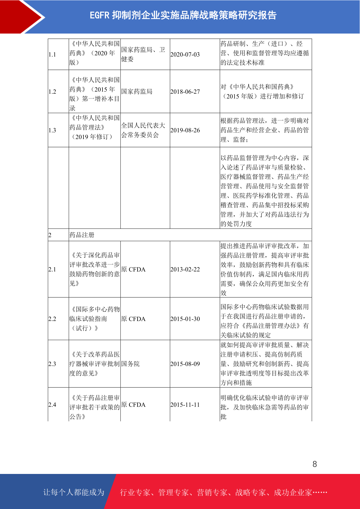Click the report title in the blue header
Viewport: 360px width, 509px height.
183,15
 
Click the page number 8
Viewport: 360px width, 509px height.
315,464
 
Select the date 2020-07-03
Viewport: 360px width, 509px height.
185,55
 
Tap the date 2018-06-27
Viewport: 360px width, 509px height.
185,92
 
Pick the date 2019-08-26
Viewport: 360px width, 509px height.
185,131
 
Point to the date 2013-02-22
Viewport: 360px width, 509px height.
185,270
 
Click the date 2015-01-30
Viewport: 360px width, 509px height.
185,319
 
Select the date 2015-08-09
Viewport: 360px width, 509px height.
185,364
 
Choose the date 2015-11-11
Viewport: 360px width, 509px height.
185,405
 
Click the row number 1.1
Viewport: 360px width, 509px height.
52,55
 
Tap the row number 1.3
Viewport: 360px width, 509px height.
52,131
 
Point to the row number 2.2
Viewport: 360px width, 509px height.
52,319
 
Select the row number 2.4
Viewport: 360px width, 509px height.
52,405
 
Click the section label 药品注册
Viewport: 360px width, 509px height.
82,235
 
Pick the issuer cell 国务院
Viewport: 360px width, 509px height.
131,364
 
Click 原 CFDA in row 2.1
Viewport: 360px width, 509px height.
133,270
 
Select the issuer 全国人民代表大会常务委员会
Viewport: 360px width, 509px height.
143,130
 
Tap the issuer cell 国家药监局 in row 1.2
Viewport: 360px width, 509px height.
137,92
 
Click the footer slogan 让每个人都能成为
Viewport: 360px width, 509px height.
74,492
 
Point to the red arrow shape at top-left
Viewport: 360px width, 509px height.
21,17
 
